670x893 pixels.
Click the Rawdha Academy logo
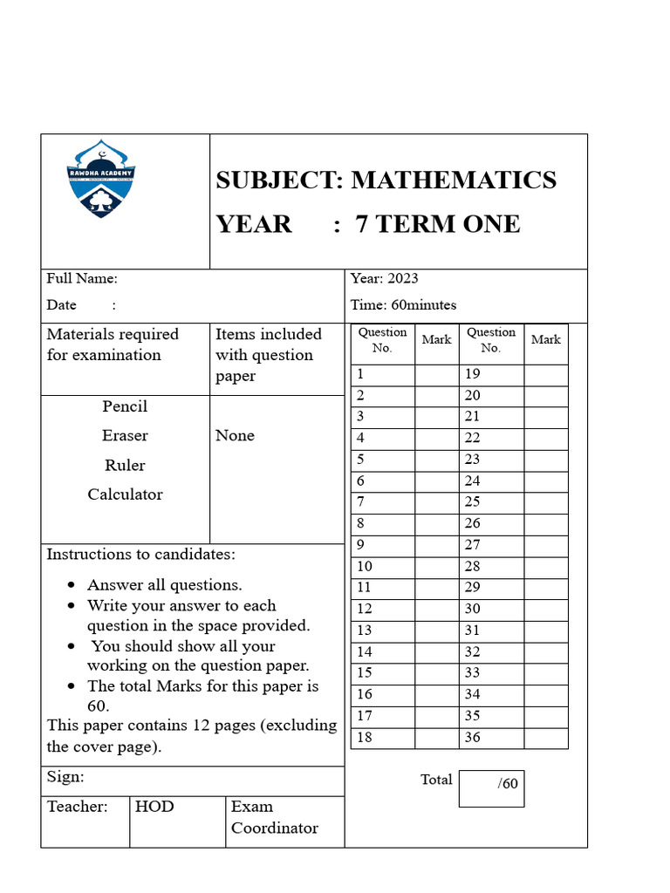tap(101, 180)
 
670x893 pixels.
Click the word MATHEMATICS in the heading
tap(453, 180)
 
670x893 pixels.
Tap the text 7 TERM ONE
tap(438, 224)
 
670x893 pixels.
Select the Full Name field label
tap(82, 279)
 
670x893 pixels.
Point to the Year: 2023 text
tap(384, 279)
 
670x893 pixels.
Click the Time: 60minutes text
tap(403, 305)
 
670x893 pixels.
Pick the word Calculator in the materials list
tap(125, 494)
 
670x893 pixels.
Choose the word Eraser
tap(125, 436)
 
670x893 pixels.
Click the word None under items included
tap(235, 436)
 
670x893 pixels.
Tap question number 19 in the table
tap(473, 374)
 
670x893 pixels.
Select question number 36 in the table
tap(473, 738)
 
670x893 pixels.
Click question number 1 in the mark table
tap(359, 374)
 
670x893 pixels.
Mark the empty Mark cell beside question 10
tap(436, 567)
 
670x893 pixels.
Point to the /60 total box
tap(492, 787)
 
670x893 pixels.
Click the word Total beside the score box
tap(436, 780)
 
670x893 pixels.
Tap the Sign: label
tap(65, 777)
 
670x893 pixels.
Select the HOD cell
tap(154, 807)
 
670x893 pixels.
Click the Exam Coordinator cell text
tap(274, 817)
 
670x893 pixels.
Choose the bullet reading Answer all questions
tap(164, 585)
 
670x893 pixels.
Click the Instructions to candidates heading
tap(140, 555)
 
